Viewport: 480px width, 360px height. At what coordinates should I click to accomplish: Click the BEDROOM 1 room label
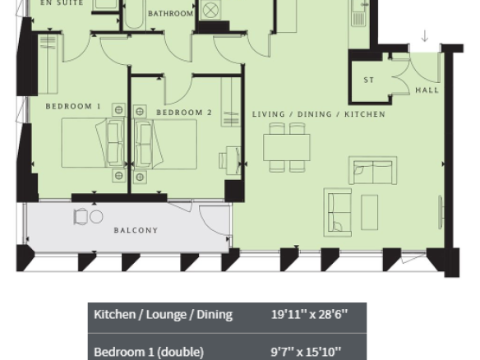tap(73, 107)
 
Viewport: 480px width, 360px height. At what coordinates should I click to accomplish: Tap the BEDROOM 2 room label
tap(184, 113)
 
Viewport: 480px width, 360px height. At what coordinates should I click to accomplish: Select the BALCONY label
tap(136, 230)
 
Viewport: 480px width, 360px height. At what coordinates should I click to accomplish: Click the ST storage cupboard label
tap(369, 80)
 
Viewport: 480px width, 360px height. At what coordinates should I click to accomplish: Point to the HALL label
tap(427, 90)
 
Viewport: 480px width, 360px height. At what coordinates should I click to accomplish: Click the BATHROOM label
tap(170, 13)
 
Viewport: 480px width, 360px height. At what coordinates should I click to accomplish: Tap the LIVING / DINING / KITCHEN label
tap(319, 114)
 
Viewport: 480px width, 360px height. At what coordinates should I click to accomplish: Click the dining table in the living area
tap(287, 147)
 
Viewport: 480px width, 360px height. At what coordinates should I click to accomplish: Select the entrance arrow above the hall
tap(425, 36)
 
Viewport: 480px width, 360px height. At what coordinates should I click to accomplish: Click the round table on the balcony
tap(96, 217)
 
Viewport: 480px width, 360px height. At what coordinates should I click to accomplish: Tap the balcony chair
tap(81, 217)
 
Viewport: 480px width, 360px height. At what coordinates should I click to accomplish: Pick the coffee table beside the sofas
tap(370, 212)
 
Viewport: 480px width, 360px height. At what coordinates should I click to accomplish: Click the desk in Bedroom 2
tap(233, 160)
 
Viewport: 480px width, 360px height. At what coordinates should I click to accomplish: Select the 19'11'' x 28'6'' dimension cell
tap(310, 315)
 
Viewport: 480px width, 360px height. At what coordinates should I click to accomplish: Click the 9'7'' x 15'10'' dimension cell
tap(306, 352)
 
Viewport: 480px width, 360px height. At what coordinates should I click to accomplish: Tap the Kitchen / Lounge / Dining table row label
tap(164, 315)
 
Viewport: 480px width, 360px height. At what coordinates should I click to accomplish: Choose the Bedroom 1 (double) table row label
tap(149, 352)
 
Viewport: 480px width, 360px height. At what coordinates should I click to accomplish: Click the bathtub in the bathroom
tap(134, 15)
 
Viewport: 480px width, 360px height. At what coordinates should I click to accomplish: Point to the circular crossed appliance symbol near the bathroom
tap(210, 11)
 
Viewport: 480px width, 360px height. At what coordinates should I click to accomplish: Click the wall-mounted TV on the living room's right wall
tap(441, 212)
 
